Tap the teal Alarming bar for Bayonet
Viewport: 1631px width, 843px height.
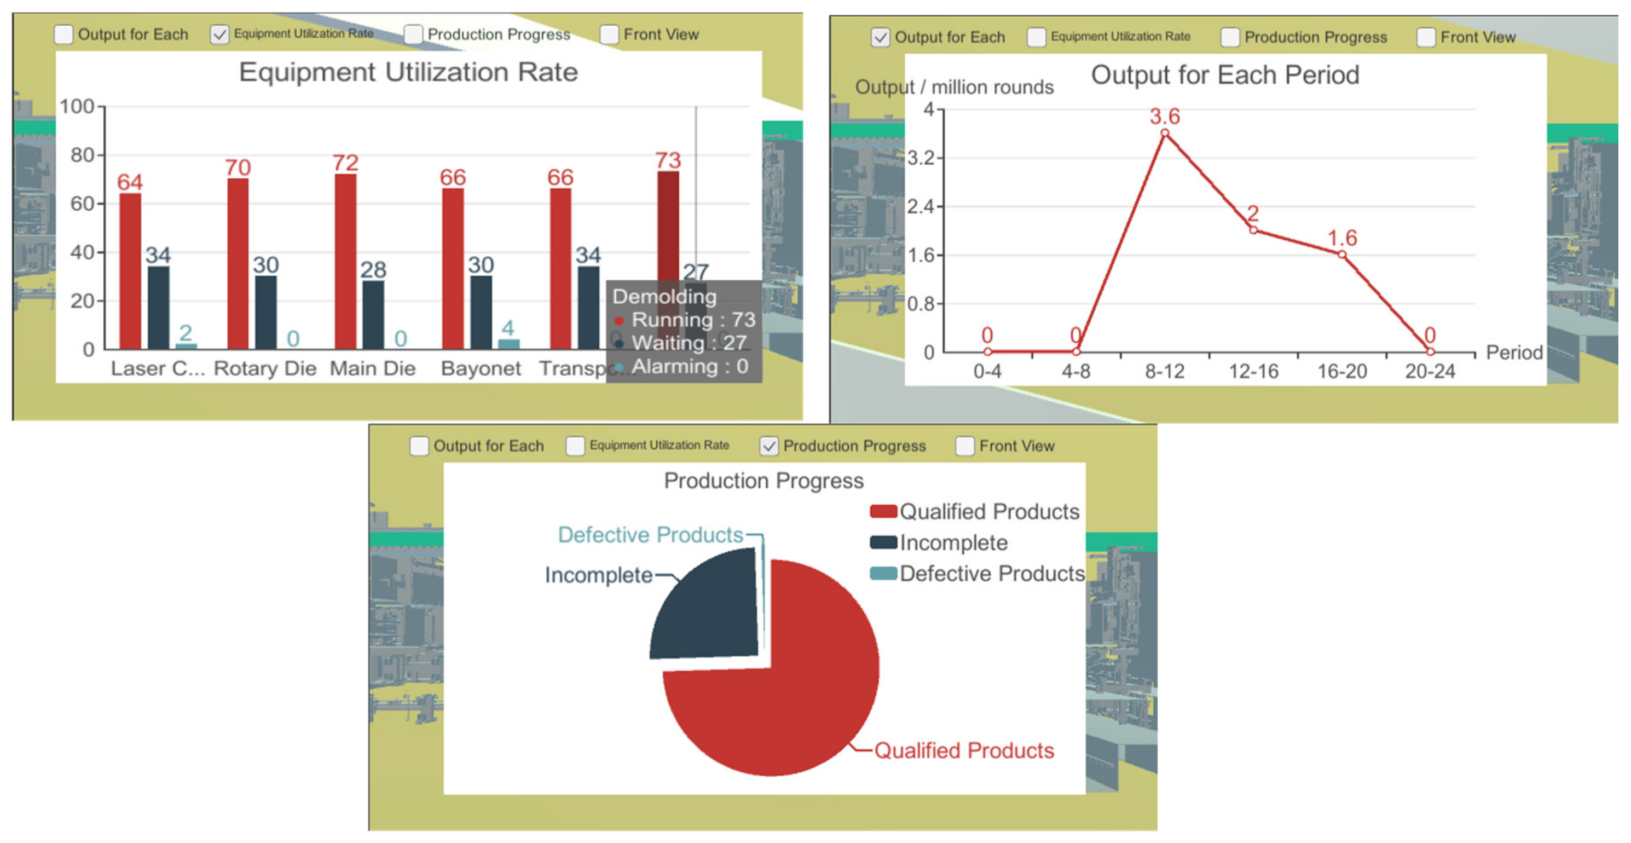tap(508, 344)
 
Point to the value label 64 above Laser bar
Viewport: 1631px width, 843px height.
tap(130, 182)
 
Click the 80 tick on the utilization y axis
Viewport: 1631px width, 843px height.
tap(82, 155)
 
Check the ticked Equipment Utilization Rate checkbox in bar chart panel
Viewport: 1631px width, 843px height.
tap(219, 34)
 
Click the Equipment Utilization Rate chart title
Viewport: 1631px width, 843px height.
tap(408, 72)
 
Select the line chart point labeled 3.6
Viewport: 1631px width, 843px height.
tap(1164, 133)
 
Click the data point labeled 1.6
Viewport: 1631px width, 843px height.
tap(1341, 255)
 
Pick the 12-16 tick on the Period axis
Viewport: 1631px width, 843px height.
tap(1253, 371)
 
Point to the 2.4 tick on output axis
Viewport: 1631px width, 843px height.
tap(921, 206)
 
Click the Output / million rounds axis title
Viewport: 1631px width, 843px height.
tap(953, 88)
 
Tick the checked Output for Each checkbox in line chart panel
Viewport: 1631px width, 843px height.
tap(880, 37)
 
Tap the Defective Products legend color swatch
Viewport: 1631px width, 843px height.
tap(883, 573)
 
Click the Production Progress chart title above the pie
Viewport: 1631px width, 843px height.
tap(763, 481)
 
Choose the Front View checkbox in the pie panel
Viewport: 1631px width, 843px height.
tap(964, 446)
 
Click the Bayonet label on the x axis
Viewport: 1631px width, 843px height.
tap(481, 368)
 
